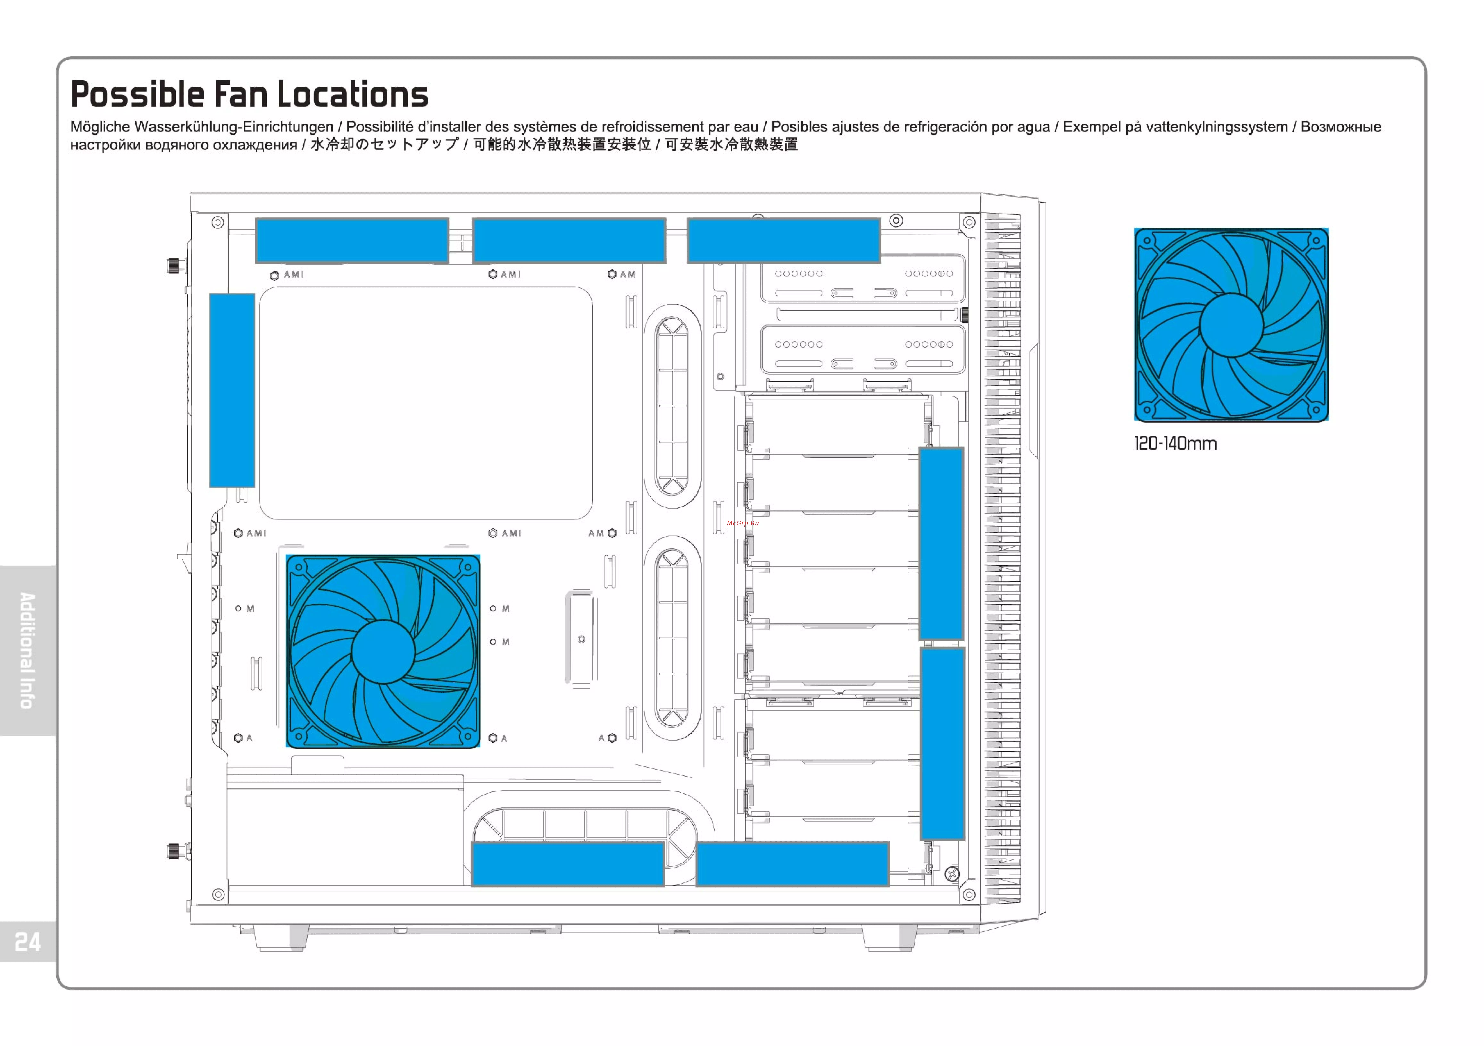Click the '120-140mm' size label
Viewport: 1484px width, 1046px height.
tap(1175, 443)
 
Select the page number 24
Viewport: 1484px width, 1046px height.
tap(28, 942)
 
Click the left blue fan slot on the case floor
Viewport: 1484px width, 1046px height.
tap(568, 864)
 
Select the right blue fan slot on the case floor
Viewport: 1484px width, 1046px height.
tap(792, 864)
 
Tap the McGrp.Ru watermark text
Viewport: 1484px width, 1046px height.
tap(743, 523)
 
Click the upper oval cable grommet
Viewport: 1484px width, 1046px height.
tap(672, 406)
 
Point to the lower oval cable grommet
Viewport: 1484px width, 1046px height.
tap(672, 637)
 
